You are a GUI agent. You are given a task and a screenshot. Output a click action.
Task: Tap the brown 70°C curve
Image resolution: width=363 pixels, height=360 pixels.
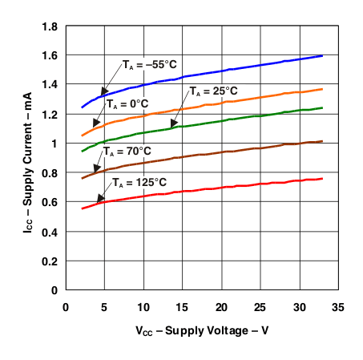[240, 149]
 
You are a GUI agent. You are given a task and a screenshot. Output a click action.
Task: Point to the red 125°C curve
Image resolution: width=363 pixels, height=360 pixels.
[240, 185]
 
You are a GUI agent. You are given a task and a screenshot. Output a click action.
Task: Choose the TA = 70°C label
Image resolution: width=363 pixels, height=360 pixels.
[129, 151]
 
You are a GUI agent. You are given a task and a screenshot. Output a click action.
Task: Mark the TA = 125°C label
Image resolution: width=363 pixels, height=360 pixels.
[143, 181]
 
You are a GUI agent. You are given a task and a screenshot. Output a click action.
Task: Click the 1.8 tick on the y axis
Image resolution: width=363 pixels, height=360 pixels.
[49, 26]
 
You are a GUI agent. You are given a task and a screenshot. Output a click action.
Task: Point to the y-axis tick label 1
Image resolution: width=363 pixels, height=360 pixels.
[54, 144]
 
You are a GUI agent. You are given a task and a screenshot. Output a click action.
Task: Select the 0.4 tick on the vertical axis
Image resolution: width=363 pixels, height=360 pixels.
[49, 231]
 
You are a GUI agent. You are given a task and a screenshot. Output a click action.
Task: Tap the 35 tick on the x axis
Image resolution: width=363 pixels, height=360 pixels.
[337, 307]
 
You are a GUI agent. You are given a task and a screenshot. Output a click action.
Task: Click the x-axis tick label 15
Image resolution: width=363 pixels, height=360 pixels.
[182, 307]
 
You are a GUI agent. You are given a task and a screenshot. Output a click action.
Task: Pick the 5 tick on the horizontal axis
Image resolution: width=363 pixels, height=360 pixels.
[104, 307]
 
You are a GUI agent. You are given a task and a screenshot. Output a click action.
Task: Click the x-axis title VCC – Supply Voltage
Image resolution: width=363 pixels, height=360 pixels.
[200, 330]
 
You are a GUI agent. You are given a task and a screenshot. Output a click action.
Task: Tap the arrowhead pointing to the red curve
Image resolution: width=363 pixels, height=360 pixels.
[99, 199]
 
